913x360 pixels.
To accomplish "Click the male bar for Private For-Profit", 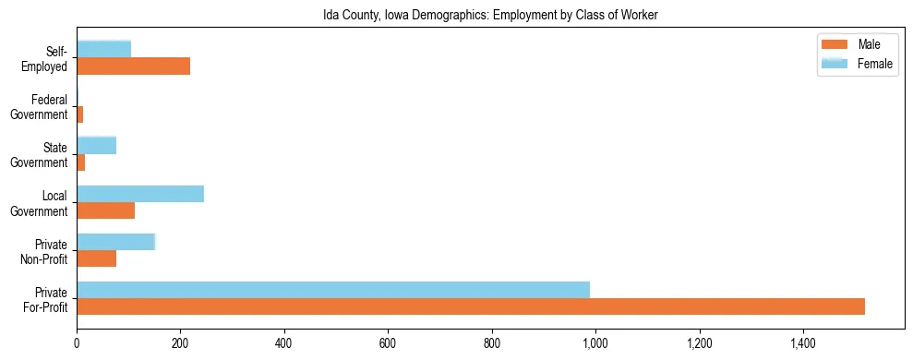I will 471,306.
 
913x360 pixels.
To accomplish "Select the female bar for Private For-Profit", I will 333,290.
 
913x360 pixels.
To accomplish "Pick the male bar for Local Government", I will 106,210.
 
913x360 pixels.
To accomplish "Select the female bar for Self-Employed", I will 104,49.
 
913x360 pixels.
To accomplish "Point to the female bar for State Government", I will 97,145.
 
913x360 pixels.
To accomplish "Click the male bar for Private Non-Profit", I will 97,258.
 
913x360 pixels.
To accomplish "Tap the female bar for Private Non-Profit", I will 116,242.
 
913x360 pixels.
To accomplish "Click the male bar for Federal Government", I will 80,114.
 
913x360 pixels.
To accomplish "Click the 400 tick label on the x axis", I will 284,343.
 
